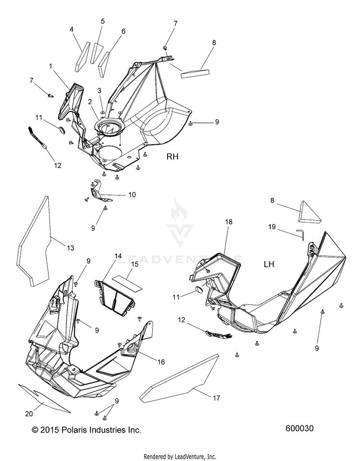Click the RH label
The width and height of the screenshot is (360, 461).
click(172, 157)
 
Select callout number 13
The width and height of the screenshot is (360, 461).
click(70, 248)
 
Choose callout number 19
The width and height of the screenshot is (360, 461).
click(272, 227)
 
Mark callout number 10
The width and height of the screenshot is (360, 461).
click(132, 194)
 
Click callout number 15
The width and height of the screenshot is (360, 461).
click(134, 264)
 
